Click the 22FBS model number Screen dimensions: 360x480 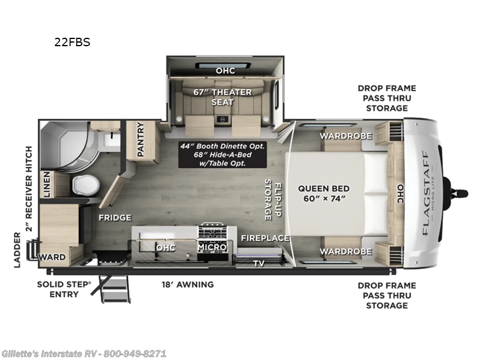coord(73,43)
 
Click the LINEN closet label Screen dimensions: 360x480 coord(46,185)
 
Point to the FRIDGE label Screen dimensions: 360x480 coord(115,217)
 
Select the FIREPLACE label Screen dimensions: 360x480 coord(265,238)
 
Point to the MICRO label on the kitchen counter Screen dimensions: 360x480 coord(212,247)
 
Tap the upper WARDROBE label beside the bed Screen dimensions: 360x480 coord(345,136)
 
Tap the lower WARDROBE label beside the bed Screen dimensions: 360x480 coord(345,250)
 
